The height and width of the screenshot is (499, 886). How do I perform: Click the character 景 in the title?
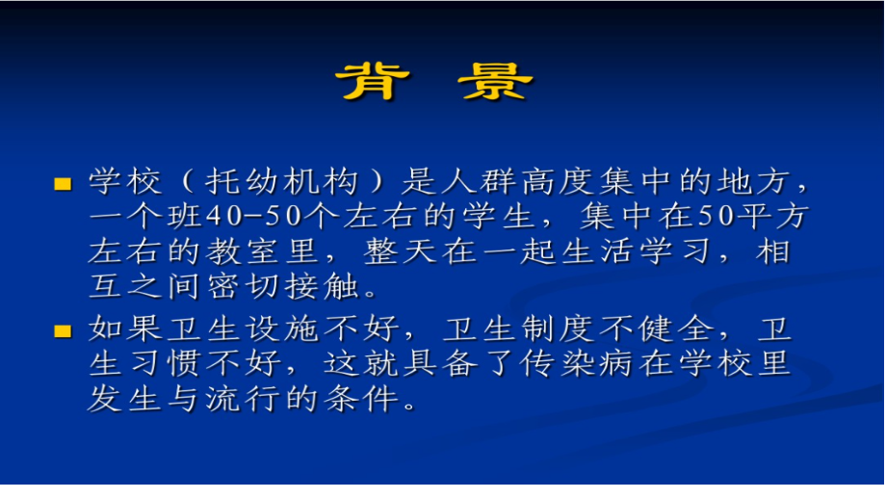tap(496, 82)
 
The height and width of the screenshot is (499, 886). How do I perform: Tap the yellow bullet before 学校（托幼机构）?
tap(63, 183)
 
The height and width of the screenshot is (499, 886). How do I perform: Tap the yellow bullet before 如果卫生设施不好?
tap(63, 331)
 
